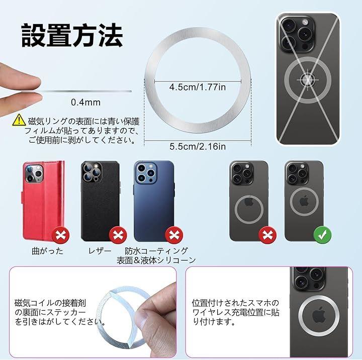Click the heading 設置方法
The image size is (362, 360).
(x=72, y=35)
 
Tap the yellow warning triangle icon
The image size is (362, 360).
(x=19, y=120)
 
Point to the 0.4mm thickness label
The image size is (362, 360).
(x=85, y=102)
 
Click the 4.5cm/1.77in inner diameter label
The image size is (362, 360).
(x=198, y=87)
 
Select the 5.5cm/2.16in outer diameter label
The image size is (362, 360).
(x=198, y=146)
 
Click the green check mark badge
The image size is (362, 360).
(x=322, y=235)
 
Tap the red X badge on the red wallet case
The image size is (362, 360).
(x=60, y=235)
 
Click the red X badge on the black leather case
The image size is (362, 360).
(x=118, y=235)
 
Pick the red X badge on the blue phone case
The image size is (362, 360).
(x=174, y=235)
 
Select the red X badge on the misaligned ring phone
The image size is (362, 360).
(x=267, y=235)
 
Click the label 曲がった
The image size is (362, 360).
(x=47, y=251)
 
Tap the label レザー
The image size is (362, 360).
(x=100, y=251)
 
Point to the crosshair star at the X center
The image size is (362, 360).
(x=308, y=80)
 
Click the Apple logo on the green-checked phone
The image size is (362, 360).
(x=304, y=201)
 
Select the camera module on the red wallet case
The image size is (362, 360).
(x=34, y=174)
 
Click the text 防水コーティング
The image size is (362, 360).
(x=156, y=251)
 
